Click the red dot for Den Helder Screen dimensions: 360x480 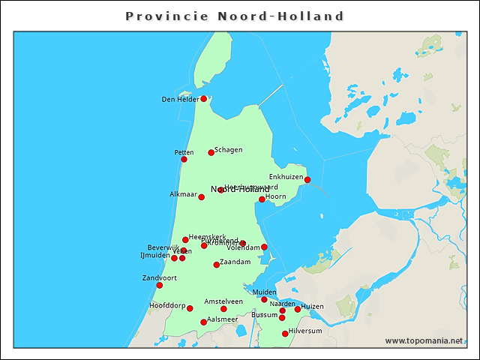coord(203,98)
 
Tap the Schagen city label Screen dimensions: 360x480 coord(228,149)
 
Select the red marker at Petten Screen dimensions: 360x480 coord(184,159)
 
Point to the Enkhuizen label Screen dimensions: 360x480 coord(286,177)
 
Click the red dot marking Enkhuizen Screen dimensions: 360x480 coord(307,179)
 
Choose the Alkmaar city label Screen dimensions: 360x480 coord(183,194)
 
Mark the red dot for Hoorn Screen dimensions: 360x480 coord(262,199)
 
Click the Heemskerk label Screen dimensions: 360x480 coord(207,237)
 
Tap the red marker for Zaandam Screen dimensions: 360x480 coord(216,265)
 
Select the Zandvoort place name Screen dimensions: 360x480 coord(159,277)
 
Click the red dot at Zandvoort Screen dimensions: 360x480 coord(159,285)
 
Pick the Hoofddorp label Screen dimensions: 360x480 coord(166,305)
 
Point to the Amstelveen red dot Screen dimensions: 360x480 coord(223,309)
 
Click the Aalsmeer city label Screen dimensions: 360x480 coord(222,319)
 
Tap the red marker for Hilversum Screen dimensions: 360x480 coord(284,334)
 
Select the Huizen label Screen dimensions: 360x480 coord(313,306)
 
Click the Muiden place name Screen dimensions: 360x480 coord(265,292)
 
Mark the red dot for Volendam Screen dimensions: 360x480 coord(264,247)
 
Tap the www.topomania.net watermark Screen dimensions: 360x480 coord(424,340)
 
